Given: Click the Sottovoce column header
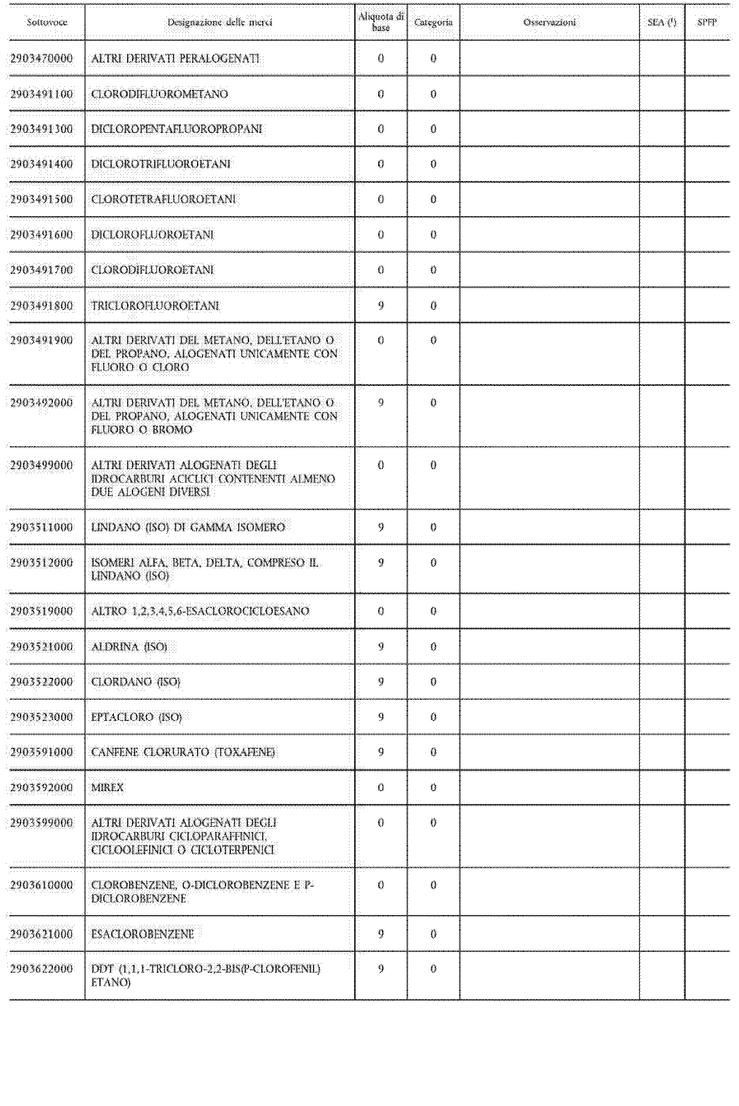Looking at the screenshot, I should (46, 22).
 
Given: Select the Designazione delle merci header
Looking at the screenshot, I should (220, 22).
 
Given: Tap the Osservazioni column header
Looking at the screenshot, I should (550, 22).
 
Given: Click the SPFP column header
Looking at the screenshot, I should (707, 22).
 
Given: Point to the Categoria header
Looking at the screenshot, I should (433, 22).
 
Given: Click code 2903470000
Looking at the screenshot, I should (42, 59).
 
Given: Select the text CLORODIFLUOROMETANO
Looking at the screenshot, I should (159, 94).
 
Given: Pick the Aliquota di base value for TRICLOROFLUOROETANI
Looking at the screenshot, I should (381, 305).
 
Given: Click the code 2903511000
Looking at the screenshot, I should (42, 527).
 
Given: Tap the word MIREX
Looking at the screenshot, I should (107, 787).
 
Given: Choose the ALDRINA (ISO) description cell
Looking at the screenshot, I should (129, 646).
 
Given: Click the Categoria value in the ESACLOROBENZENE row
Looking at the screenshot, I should (433, 933).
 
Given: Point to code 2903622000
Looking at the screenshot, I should (42, 968).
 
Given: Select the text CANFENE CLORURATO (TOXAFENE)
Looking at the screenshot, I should (183, 752).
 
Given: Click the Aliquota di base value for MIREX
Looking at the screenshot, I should (381, 787).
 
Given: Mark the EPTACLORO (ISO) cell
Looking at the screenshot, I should (136, 717).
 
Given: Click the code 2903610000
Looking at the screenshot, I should (42, 885).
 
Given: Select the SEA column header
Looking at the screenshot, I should (662, 22).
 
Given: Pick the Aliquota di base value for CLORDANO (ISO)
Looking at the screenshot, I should (381, 681).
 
